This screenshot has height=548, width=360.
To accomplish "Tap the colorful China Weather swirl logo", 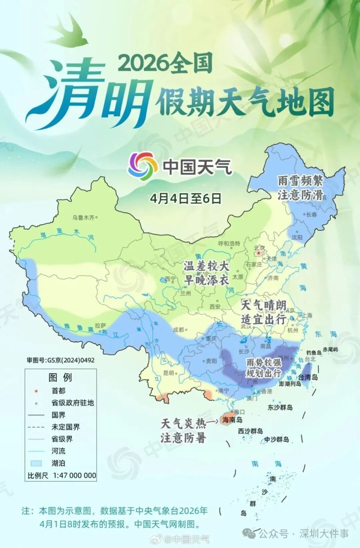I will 142,166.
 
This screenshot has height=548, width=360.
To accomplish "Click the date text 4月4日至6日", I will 186,198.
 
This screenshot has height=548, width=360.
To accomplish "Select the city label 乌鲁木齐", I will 83,217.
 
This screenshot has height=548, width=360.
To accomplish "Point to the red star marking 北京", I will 258,253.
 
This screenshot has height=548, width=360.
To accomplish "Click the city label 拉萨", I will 100,325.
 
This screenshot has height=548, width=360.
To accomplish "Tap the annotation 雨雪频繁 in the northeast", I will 300,181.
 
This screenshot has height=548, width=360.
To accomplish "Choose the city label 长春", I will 311,215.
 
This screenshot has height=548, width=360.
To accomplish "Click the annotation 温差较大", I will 206,266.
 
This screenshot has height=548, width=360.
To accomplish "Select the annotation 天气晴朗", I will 264,305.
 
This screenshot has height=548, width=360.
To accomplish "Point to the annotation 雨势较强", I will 264,362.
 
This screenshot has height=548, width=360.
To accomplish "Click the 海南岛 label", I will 232,420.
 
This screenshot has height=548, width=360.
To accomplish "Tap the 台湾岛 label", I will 308,377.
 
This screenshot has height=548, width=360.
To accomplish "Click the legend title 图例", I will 60,377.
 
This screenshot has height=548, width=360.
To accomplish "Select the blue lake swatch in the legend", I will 36,463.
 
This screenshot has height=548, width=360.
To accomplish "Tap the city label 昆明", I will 168,373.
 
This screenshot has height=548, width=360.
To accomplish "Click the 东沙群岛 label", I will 280,407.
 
